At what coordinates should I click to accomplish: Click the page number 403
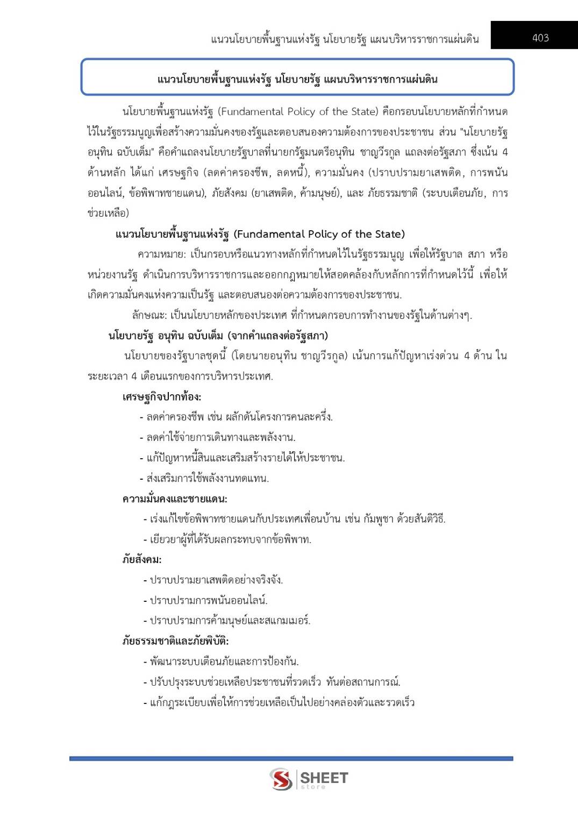pos(540,38)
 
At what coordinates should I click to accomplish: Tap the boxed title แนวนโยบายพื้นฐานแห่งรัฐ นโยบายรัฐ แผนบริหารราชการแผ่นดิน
pos(297,80)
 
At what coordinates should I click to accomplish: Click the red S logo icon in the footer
pos(281,779)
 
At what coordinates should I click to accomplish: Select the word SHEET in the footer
pos(324,777)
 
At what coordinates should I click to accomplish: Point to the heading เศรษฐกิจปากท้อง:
pos(162,397)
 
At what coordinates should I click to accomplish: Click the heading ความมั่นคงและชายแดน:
pos(175,499)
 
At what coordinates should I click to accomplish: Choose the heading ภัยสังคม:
pos(142,560)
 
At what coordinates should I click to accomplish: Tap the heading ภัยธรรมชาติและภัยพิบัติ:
pos(176,641)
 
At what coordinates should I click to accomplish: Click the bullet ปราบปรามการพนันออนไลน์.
pos(209,600)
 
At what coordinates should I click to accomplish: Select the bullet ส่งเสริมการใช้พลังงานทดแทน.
pos(208,478)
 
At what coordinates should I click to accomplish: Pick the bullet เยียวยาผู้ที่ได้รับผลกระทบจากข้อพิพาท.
pos(231,539)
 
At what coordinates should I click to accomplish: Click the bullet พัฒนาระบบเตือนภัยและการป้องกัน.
pos(224,661)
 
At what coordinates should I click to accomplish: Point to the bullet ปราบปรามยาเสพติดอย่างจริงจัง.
pos(216,580)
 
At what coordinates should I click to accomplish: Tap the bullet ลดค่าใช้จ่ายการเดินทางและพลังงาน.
pos(221,437)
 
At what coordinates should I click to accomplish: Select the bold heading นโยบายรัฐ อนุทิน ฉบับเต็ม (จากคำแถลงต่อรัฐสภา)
pos(218,336)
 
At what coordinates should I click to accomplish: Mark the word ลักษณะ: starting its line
pos(149,315)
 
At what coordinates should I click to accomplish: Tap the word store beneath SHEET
pos(313,787)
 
